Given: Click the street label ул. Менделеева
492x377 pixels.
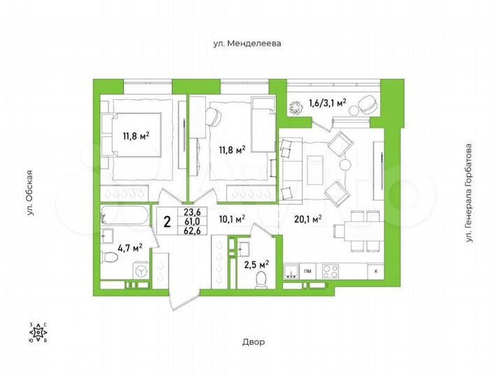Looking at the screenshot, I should [x=247, y=43].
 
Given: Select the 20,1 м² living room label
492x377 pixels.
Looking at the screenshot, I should [x=307, y=219].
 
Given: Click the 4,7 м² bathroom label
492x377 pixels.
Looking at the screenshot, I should [x=129, y=246].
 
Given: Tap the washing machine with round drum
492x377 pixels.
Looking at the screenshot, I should [x=140, y=270].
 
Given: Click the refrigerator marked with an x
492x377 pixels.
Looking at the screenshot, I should [x=377, y=270].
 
